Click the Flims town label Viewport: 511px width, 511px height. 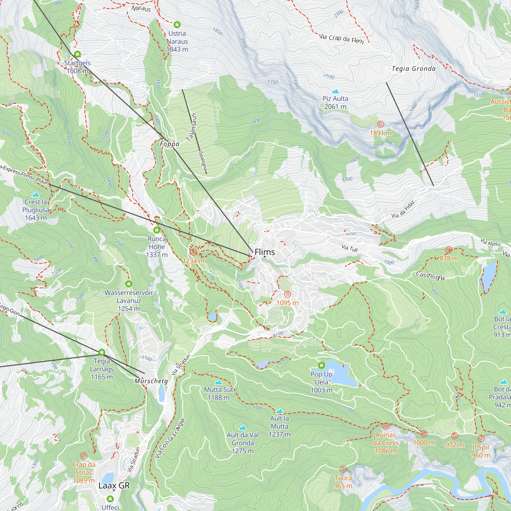coord(264,252)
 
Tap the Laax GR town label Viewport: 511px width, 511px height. coord(114,486)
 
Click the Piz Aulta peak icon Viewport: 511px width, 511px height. coord(335,91)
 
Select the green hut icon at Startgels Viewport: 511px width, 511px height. coord(77,54)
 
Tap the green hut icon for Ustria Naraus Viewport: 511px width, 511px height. coord(177,25)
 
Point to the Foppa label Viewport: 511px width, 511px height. coord(170,144)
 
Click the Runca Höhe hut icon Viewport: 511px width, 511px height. coord(157,230)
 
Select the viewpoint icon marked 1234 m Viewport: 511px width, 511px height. coord(193,252)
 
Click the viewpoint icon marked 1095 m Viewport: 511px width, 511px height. coord(287,294)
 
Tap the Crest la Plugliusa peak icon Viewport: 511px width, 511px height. coord(36,195)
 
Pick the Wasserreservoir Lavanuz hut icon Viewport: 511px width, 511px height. coord(129,284)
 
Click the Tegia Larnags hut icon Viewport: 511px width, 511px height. coord(102,352)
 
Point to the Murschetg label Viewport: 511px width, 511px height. coord(151,381)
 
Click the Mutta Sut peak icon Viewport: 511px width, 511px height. coord(218,382)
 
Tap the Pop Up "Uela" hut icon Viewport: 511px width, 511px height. coord(321,366)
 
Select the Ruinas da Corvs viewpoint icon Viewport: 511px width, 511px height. coord(386,426)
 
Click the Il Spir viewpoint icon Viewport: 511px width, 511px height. coord(481,438)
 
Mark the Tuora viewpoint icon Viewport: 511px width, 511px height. coord(343,469)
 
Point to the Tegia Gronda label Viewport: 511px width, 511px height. coord(413,69)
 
